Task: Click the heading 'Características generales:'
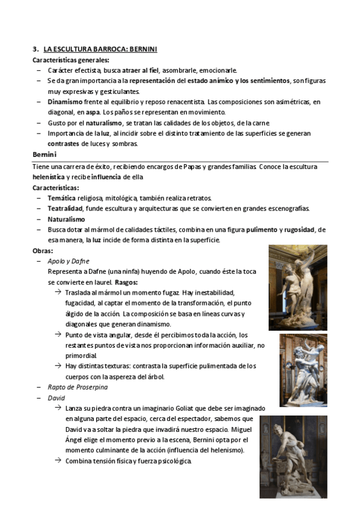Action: [70, 60]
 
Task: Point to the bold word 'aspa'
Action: [93, 112]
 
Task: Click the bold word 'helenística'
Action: [50, 177]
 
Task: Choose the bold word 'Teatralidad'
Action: [66, 208]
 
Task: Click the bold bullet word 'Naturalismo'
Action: [67, 219]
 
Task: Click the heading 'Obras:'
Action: [44, 250]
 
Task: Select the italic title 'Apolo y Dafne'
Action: [69, 261]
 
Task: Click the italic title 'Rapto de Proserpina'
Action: [78, 387]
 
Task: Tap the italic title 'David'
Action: [56, 398]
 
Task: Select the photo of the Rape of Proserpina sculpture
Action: [303, 370]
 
